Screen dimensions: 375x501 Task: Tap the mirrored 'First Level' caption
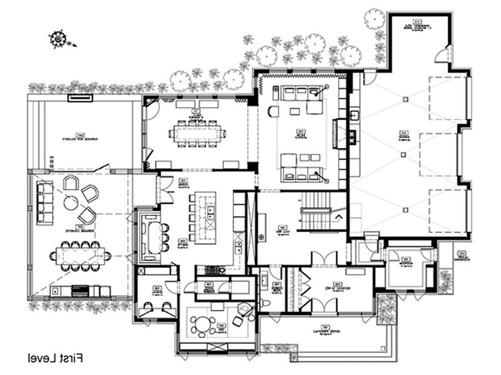(x=55, y=358)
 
